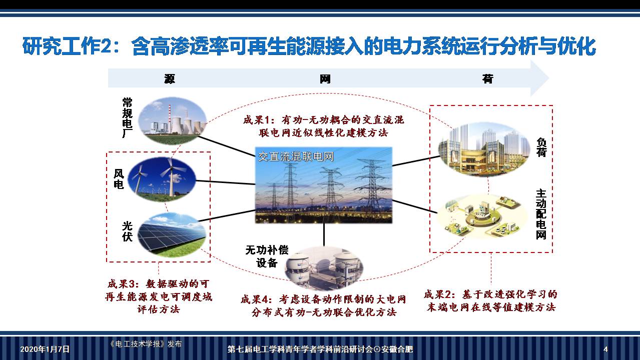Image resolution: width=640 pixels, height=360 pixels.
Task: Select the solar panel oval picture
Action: (171, 233)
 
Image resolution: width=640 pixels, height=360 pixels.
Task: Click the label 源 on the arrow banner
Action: (170, 78)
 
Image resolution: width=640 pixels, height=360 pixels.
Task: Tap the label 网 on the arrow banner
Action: (325, 78)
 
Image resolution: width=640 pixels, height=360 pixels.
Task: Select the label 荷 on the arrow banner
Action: (487, 78)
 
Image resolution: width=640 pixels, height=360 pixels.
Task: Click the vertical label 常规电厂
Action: (128, 117)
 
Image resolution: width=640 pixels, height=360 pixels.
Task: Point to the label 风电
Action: (119, 179)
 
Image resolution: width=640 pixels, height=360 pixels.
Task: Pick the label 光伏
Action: (127, 230)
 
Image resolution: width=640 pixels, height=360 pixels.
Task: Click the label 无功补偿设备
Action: (267, 256)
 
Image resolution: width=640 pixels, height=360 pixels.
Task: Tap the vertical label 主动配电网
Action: (541, 214)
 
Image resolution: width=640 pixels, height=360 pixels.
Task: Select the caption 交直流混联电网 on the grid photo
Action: (295, 156)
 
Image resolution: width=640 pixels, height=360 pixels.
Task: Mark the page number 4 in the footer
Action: (605, 349)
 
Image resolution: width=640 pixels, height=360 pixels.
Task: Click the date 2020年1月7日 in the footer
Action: (45, 349)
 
